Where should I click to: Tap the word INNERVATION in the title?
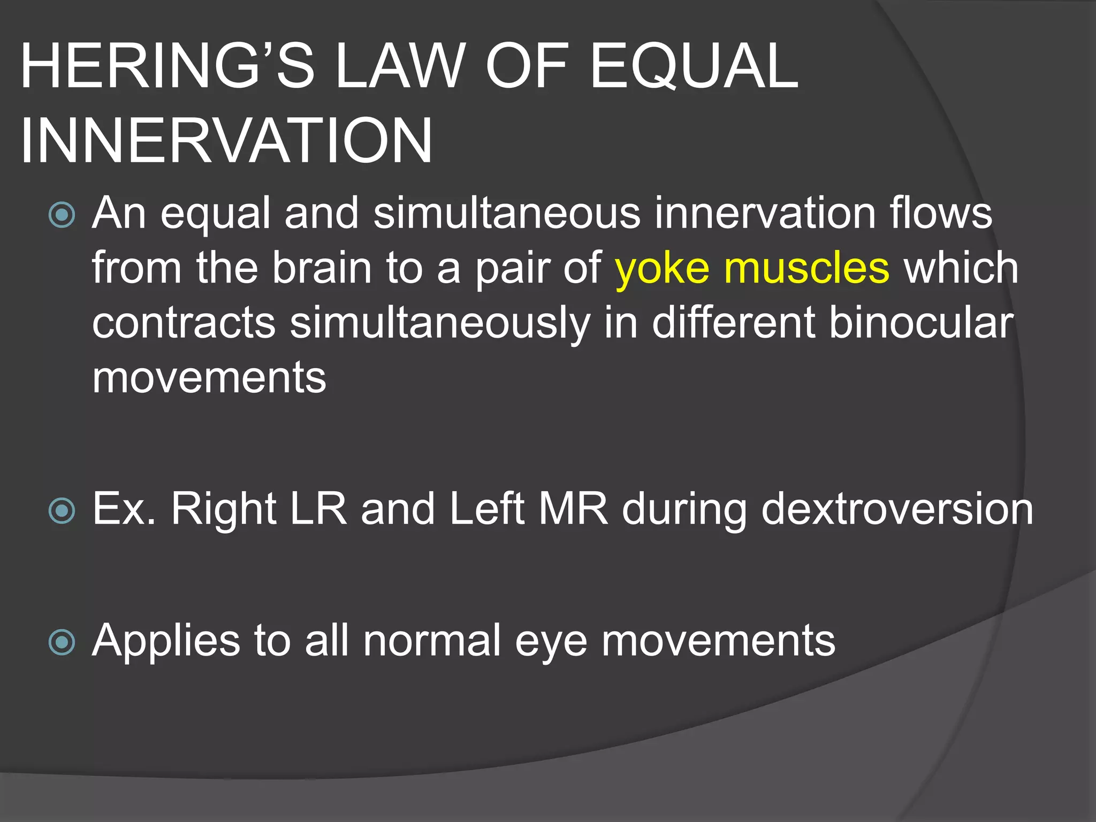pyautogui.click(x=226, y=140)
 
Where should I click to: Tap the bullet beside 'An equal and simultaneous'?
pyautogui.click(x=62, y=215)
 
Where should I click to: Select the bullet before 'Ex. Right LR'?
pyautogui.click(x=62, y=511)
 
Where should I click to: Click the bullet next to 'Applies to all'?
pyautogui.click(x=62, y=642)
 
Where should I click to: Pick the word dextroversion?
pyautogui.click(x=897, y=509)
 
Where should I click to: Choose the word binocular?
pyautogui.click(x=921, y=323)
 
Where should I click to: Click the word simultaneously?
pyautogui.click(x=440, y=323)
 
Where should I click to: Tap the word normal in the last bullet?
pyautogui.click(x=432, y=640)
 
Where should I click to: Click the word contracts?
pyautogui.click(x=184, y=323)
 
